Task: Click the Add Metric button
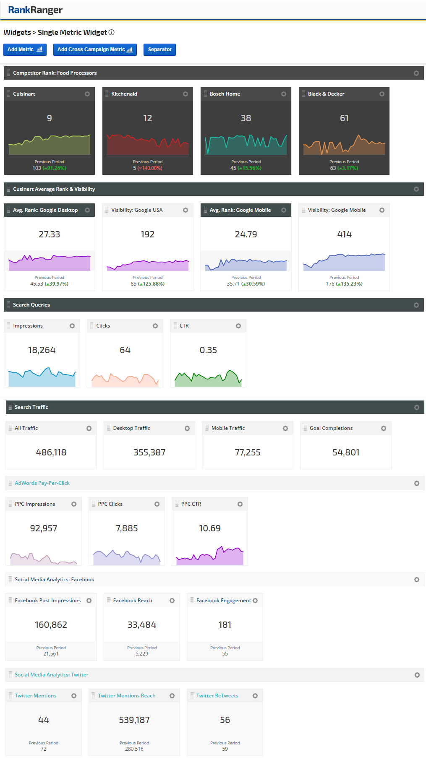click(x=25, y=49)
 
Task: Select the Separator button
click(x=159, y=49)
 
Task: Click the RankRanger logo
click(x=35, y=10)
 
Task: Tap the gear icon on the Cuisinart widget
click(x=87, y=94)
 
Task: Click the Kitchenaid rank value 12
click(x=147, y=118)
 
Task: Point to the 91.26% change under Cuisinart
click(x=55, y=168)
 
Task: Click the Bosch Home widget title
click(x=225, y=94)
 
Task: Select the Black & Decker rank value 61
click(x=344, y=118)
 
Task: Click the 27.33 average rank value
click(x=49, y=234)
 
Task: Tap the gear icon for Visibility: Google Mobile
click(x=382, y=210)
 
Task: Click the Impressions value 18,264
click(x=42, y=350)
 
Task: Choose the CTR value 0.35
click(x=208, y=350)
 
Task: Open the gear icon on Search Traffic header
click(x=417, y=407)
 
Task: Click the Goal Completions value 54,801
click(x=346, y=453)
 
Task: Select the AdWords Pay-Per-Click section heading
click(x=42, y=483)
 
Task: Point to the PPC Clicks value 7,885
click(x=127, y=528)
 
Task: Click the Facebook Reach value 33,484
click(x=142, y=625)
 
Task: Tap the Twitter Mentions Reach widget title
click(x=127, y=696)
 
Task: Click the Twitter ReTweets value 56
click(x=225, y=720)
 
